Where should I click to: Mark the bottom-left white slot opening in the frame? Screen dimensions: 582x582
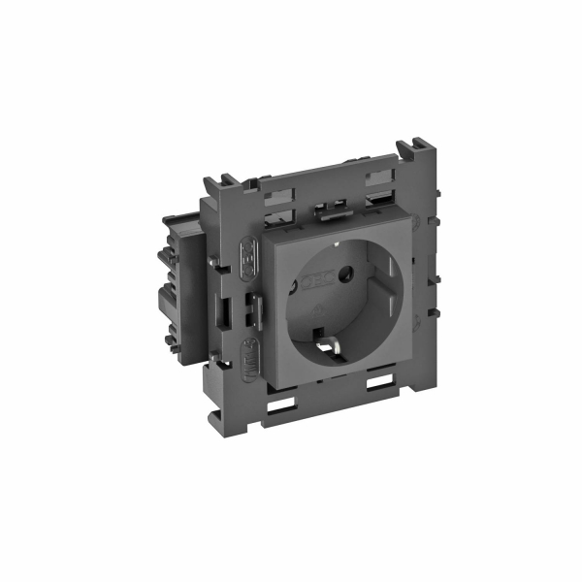coord(289,402)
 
